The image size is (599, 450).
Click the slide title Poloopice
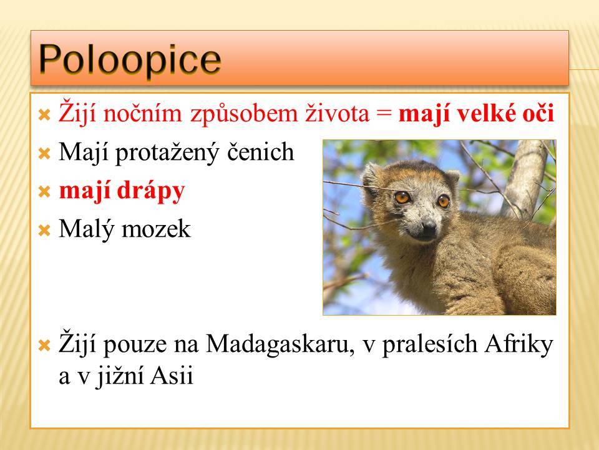tap(130, 59)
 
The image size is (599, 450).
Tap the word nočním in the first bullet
tap(142, 114)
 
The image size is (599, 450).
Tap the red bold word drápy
tap(151, 191)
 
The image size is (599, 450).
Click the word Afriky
tap(519, 344)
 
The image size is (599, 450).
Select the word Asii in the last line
tap(172, 376)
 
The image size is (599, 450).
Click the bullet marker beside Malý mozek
tap(45, 231)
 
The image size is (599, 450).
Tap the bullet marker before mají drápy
tap(45, 192)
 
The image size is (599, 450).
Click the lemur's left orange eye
tap(402, 197)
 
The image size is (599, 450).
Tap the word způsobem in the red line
tap(244, 114)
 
